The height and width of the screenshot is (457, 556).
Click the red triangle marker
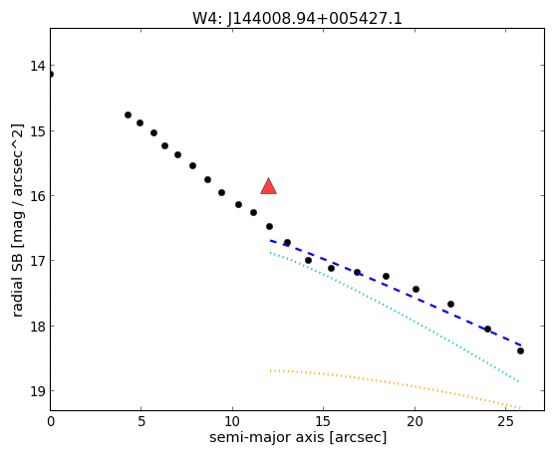pyautogui.click(x=268, y=187)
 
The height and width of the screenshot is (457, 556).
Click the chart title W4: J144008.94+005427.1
pyautogui.click(x=297, y=19)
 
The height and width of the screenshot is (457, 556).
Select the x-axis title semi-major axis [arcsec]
pyautogui.click(x=298, y=437)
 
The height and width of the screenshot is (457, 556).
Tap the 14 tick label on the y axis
pyautogui.click(x=38, y=66)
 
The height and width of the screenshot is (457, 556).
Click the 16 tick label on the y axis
pyautogui.click(x=38, y=195)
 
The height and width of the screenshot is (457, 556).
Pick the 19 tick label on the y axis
pyautogui.click(x=38, y=391)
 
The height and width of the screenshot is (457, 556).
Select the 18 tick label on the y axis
pyautogui.click(x=38, y=326)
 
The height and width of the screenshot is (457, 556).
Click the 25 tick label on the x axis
pyautogui.click(x=505, y=421)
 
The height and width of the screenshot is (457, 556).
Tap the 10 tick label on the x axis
pyautogui.click(x=232, y=421)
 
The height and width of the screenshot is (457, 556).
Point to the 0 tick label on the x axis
pyautogui.click(x=51, y=421)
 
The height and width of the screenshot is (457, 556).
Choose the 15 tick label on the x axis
pyautogui.click(x=323, y=421)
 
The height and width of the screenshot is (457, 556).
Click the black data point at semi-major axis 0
pyautogui.click(x=51, y=74)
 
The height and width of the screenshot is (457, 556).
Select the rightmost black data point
pyautogui.click(x=520, y=350)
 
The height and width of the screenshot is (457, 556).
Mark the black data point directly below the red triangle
pyautogui.click(x=269, y=226)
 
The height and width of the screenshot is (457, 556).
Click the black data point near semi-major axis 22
pyautogui.click(x=450, y=304)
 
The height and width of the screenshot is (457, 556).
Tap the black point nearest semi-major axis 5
pyautogui.click(x=140, y=122)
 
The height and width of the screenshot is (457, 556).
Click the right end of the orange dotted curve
pyautogui.click(x=520, y=408)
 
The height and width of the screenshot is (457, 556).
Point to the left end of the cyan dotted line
pyautogui.click(x=270, y=252)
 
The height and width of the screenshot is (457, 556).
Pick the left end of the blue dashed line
pyautogui.click(x=271, y=241)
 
